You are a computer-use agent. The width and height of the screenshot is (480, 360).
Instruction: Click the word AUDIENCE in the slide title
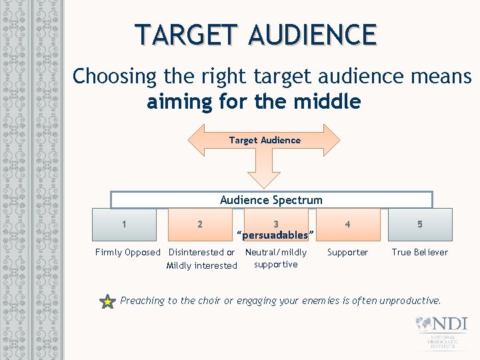(x=313, y=34)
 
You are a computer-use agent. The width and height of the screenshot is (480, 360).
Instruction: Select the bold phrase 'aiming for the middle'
(x=254, y=102)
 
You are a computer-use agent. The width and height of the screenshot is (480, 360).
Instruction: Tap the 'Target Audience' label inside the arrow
(x=265, y=140)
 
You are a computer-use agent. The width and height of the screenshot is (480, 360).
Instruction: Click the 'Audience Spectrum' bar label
(x=271, y=200)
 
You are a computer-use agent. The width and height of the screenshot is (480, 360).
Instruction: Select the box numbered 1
(x=125, y=225)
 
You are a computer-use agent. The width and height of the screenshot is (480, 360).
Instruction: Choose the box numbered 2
(x=200, y=225)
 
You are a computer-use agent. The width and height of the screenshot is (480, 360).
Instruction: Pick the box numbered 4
(x=347, y=225)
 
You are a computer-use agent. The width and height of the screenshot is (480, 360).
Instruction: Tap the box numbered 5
(x=419, y=225)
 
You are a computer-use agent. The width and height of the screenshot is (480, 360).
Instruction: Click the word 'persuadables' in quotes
(x=275, y=235)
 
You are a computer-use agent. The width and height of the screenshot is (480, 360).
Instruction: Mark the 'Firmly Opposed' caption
(x=128, y=252)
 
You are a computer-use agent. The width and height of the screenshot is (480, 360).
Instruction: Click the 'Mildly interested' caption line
(x=201, y=265)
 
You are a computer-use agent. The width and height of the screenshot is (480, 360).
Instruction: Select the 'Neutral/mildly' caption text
(x=276, y=252)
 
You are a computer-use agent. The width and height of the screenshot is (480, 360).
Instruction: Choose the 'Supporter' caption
(x=347, y=252)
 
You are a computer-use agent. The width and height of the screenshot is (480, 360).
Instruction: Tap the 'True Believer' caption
(x=419, y=252)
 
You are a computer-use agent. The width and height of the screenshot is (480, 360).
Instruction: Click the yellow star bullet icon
(x=107, y=302)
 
